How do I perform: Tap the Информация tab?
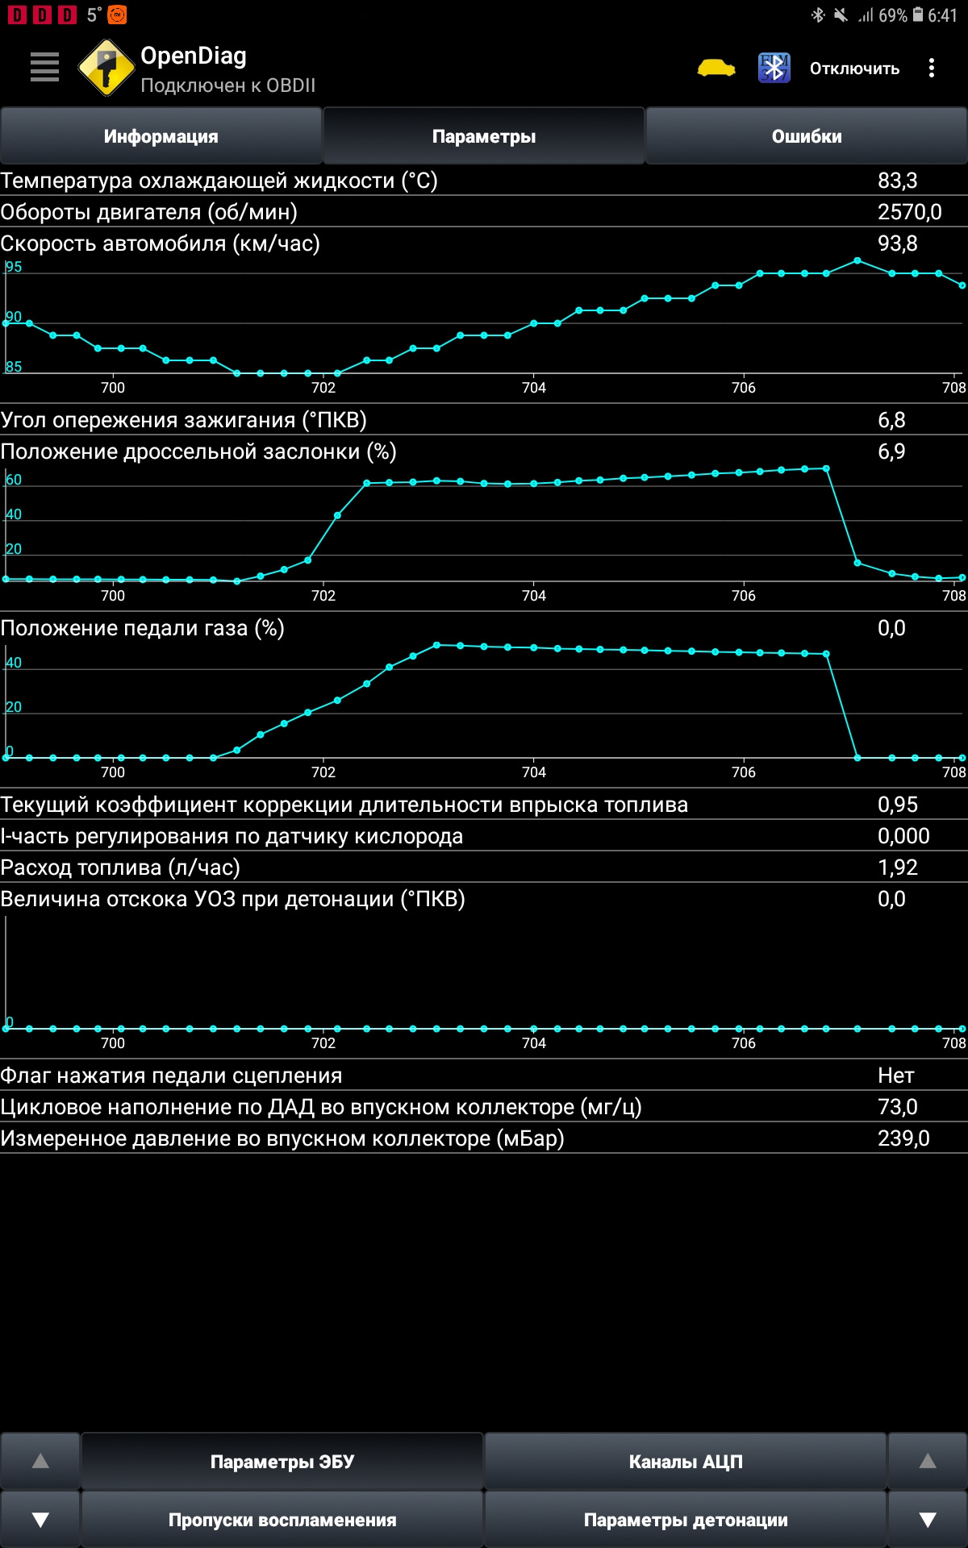pyautogui.click(x=161, y=136)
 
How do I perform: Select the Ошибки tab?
pyautogui.click(x=807, y=136)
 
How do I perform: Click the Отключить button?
pyautogui.click(x=854, y=69)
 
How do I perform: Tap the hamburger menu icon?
pyautogui.click(x=44, y=67)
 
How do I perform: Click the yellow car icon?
pyautogui.click(x=716, y=68)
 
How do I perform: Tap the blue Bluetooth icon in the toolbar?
pyautogui.click(x=774, y=68)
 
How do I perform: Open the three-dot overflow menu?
pyautogui.click(x=932, y=68)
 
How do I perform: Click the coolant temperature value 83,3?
pyautogui.click(x=897, y=181)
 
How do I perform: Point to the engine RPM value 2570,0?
pyautogui.click(x=909, y=212)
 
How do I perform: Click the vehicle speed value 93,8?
pyautogui.click(x=897, y=243)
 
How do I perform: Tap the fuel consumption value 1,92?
pyautogui.click(x=897, y=868)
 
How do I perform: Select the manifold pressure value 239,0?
pyautogui.click(x=903, y=1138)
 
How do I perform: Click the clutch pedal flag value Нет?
pyautogui.click(x=895, y=1076)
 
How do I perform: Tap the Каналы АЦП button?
pyautogui.click(x=686, y=1462)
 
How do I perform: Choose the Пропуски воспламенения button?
pyautogui.click(x=282, y=1520)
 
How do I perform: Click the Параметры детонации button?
pyautogui.click(x=686, y=1520)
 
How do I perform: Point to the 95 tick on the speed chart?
pyautogui.click(x=14, y=267)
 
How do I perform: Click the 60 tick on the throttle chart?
pyautogui.click(x=14, y=480)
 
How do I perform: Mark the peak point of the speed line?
pyautogui.click(x=857, y=260)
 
